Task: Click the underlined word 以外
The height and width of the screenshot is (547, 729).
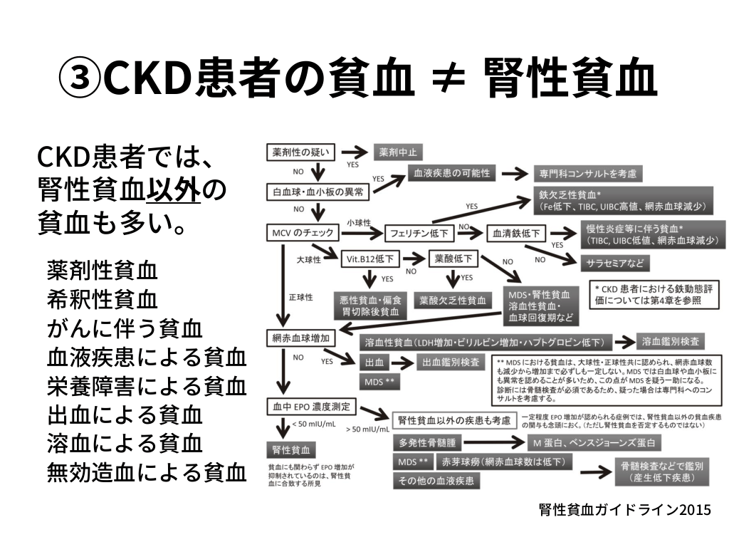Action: click(174, 190)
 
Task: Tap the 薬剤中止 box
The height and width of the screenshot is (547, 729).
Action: click(398, 152)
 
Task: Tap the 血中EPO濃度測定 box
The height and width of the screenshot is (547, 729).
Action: click(310, 407)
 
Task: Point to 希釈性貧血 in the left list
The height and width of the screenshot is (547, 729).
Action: click(102, 297)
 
